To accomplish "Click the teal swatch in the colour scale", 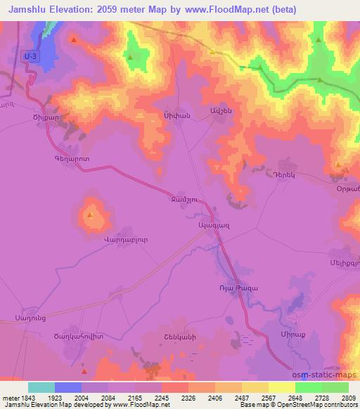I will [x=41, y=387].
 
